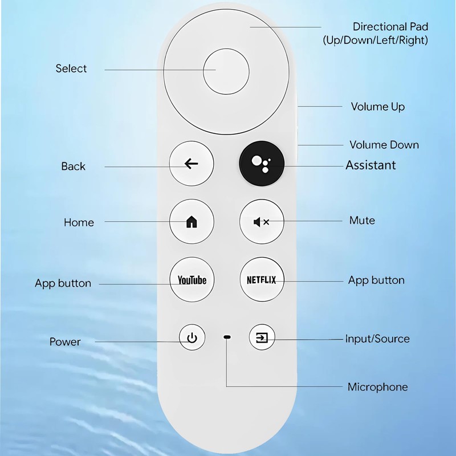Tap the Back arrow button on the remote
[x=192, y=164]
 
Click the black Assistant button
[x=261, y=164]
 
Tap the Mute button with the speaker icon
[x=261, y=222]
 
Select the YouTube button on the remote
[x=192, y=280]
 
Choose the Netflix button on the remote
[x=261, y=280]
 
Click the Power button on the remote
[x=192, y=339]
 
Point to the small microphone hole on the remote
[x=227, y=338]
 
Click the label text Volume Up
[x=377, y=107]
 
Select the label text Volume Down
[x=384, y=145]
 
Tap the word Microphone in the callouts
[x=377, y=387]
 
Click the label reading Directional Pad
[x=390, y=27]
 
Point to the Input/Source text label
[x=377, y=339]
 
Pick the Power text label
[x=65, y=342]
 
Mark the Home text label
[x=79, y=222]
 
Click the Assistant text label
[x=370, y=165]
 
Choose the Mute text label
[x=362, y=220]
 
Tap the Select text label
[x=71, y=68]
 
